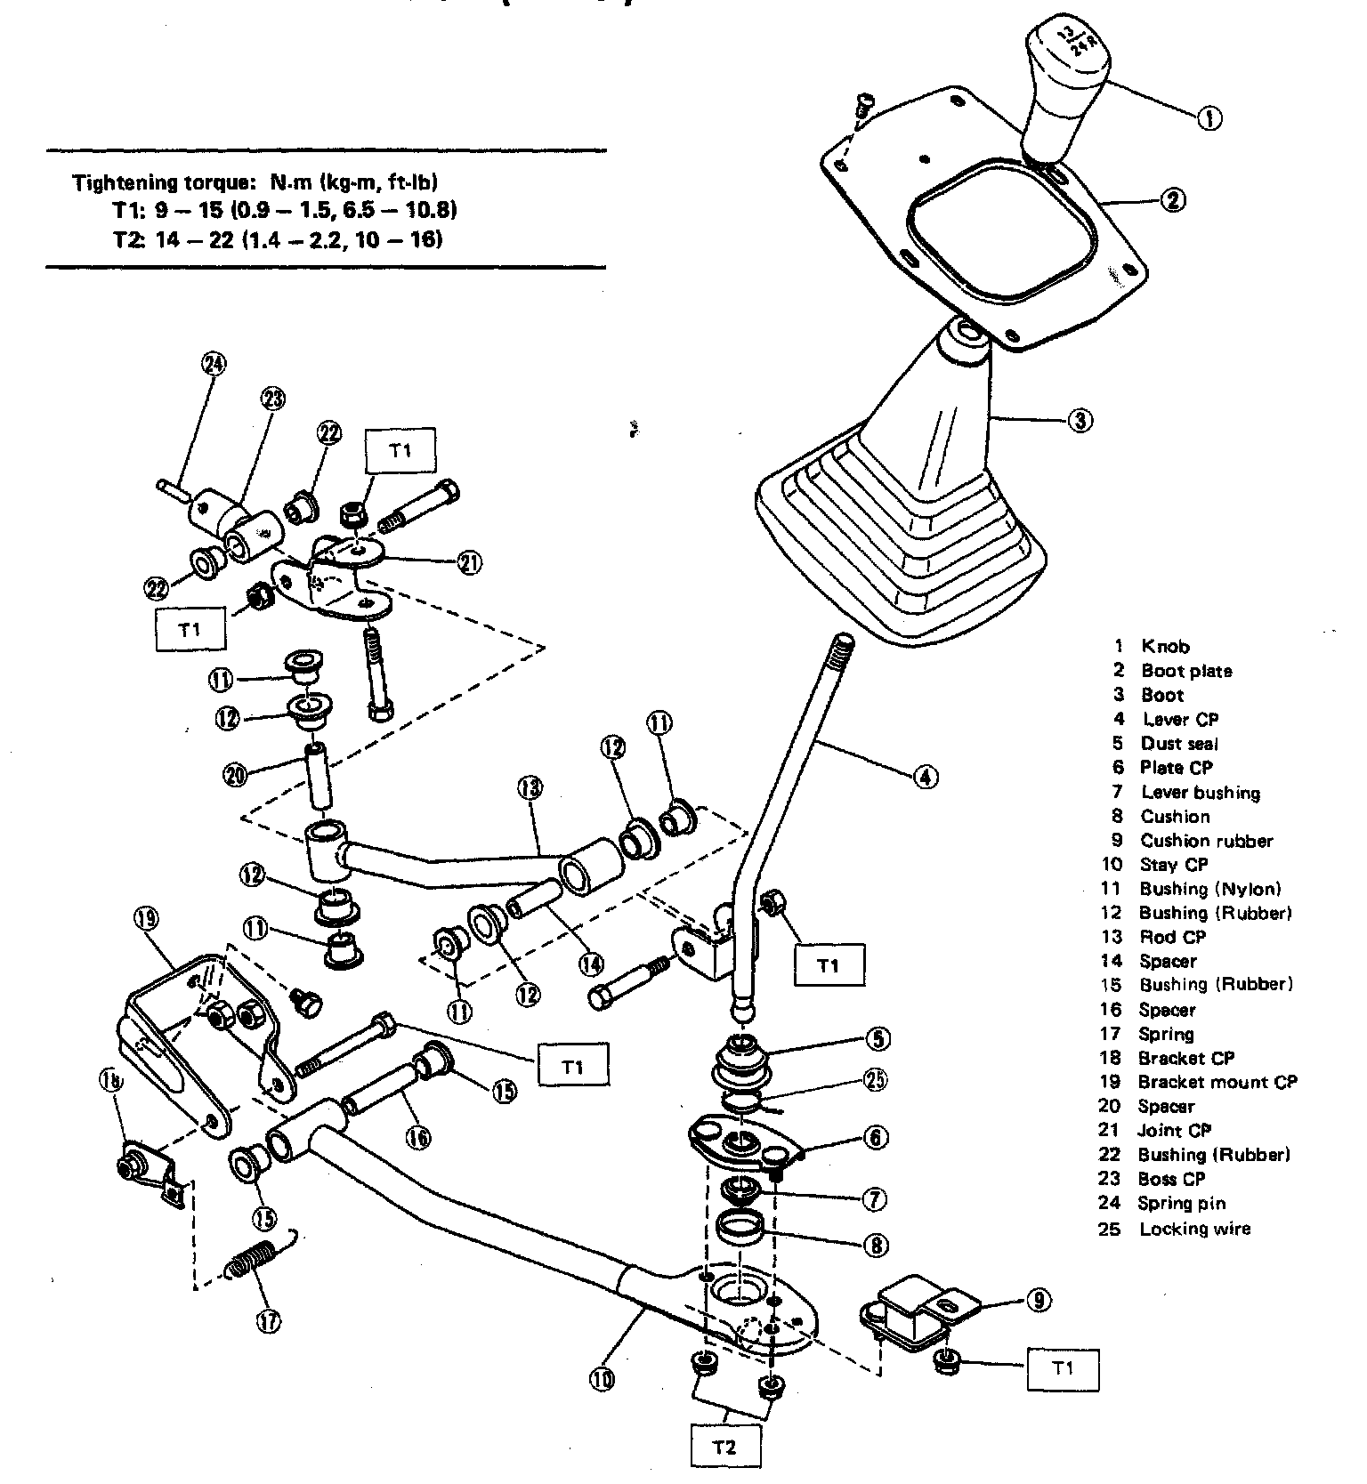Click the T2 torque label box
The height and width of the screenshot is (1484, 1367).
pyautogui.click(x=725, y=1447)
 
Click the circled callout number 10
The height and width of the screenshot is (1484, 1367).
pyautogui.click(x=602, y=1380)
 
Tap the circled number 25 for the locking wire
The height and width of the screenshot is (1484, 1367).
pyautogui.click(x=877, y=1079)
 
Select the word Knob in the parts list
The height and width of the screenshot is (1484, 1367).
pyautogui.click(x=1165, y=646)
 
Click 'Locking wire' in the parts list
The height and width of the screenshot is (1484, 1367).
pyautogui.click(x=1194, y=1229)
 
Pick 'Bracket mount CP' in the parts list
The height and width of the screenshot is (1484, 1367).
pyautogui.click(x=1217, y=1083)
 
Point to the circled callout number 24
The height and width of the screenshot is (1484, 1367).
pyautogui.click(x=214, y=364)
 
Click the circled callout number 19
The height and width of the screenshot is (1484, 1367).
pyautogui.click(x=147, y=918)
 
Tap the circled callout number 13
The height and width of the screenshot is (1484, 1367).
pyautogui.click(x=530, y=786)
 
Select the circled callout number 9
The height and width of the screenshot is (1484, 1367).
pyautogui.click(x=1038, y=1301)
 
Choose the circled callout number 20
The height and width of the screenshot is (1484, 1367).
pyautogui.click(x=235, y=774)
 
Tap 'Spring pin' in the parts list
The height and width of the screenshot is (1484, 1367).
pyautogui.click(x=1182, y=1204)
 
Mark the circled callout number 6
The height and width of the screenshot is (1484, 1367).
pyautogui.click(x=877, y=1138)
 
